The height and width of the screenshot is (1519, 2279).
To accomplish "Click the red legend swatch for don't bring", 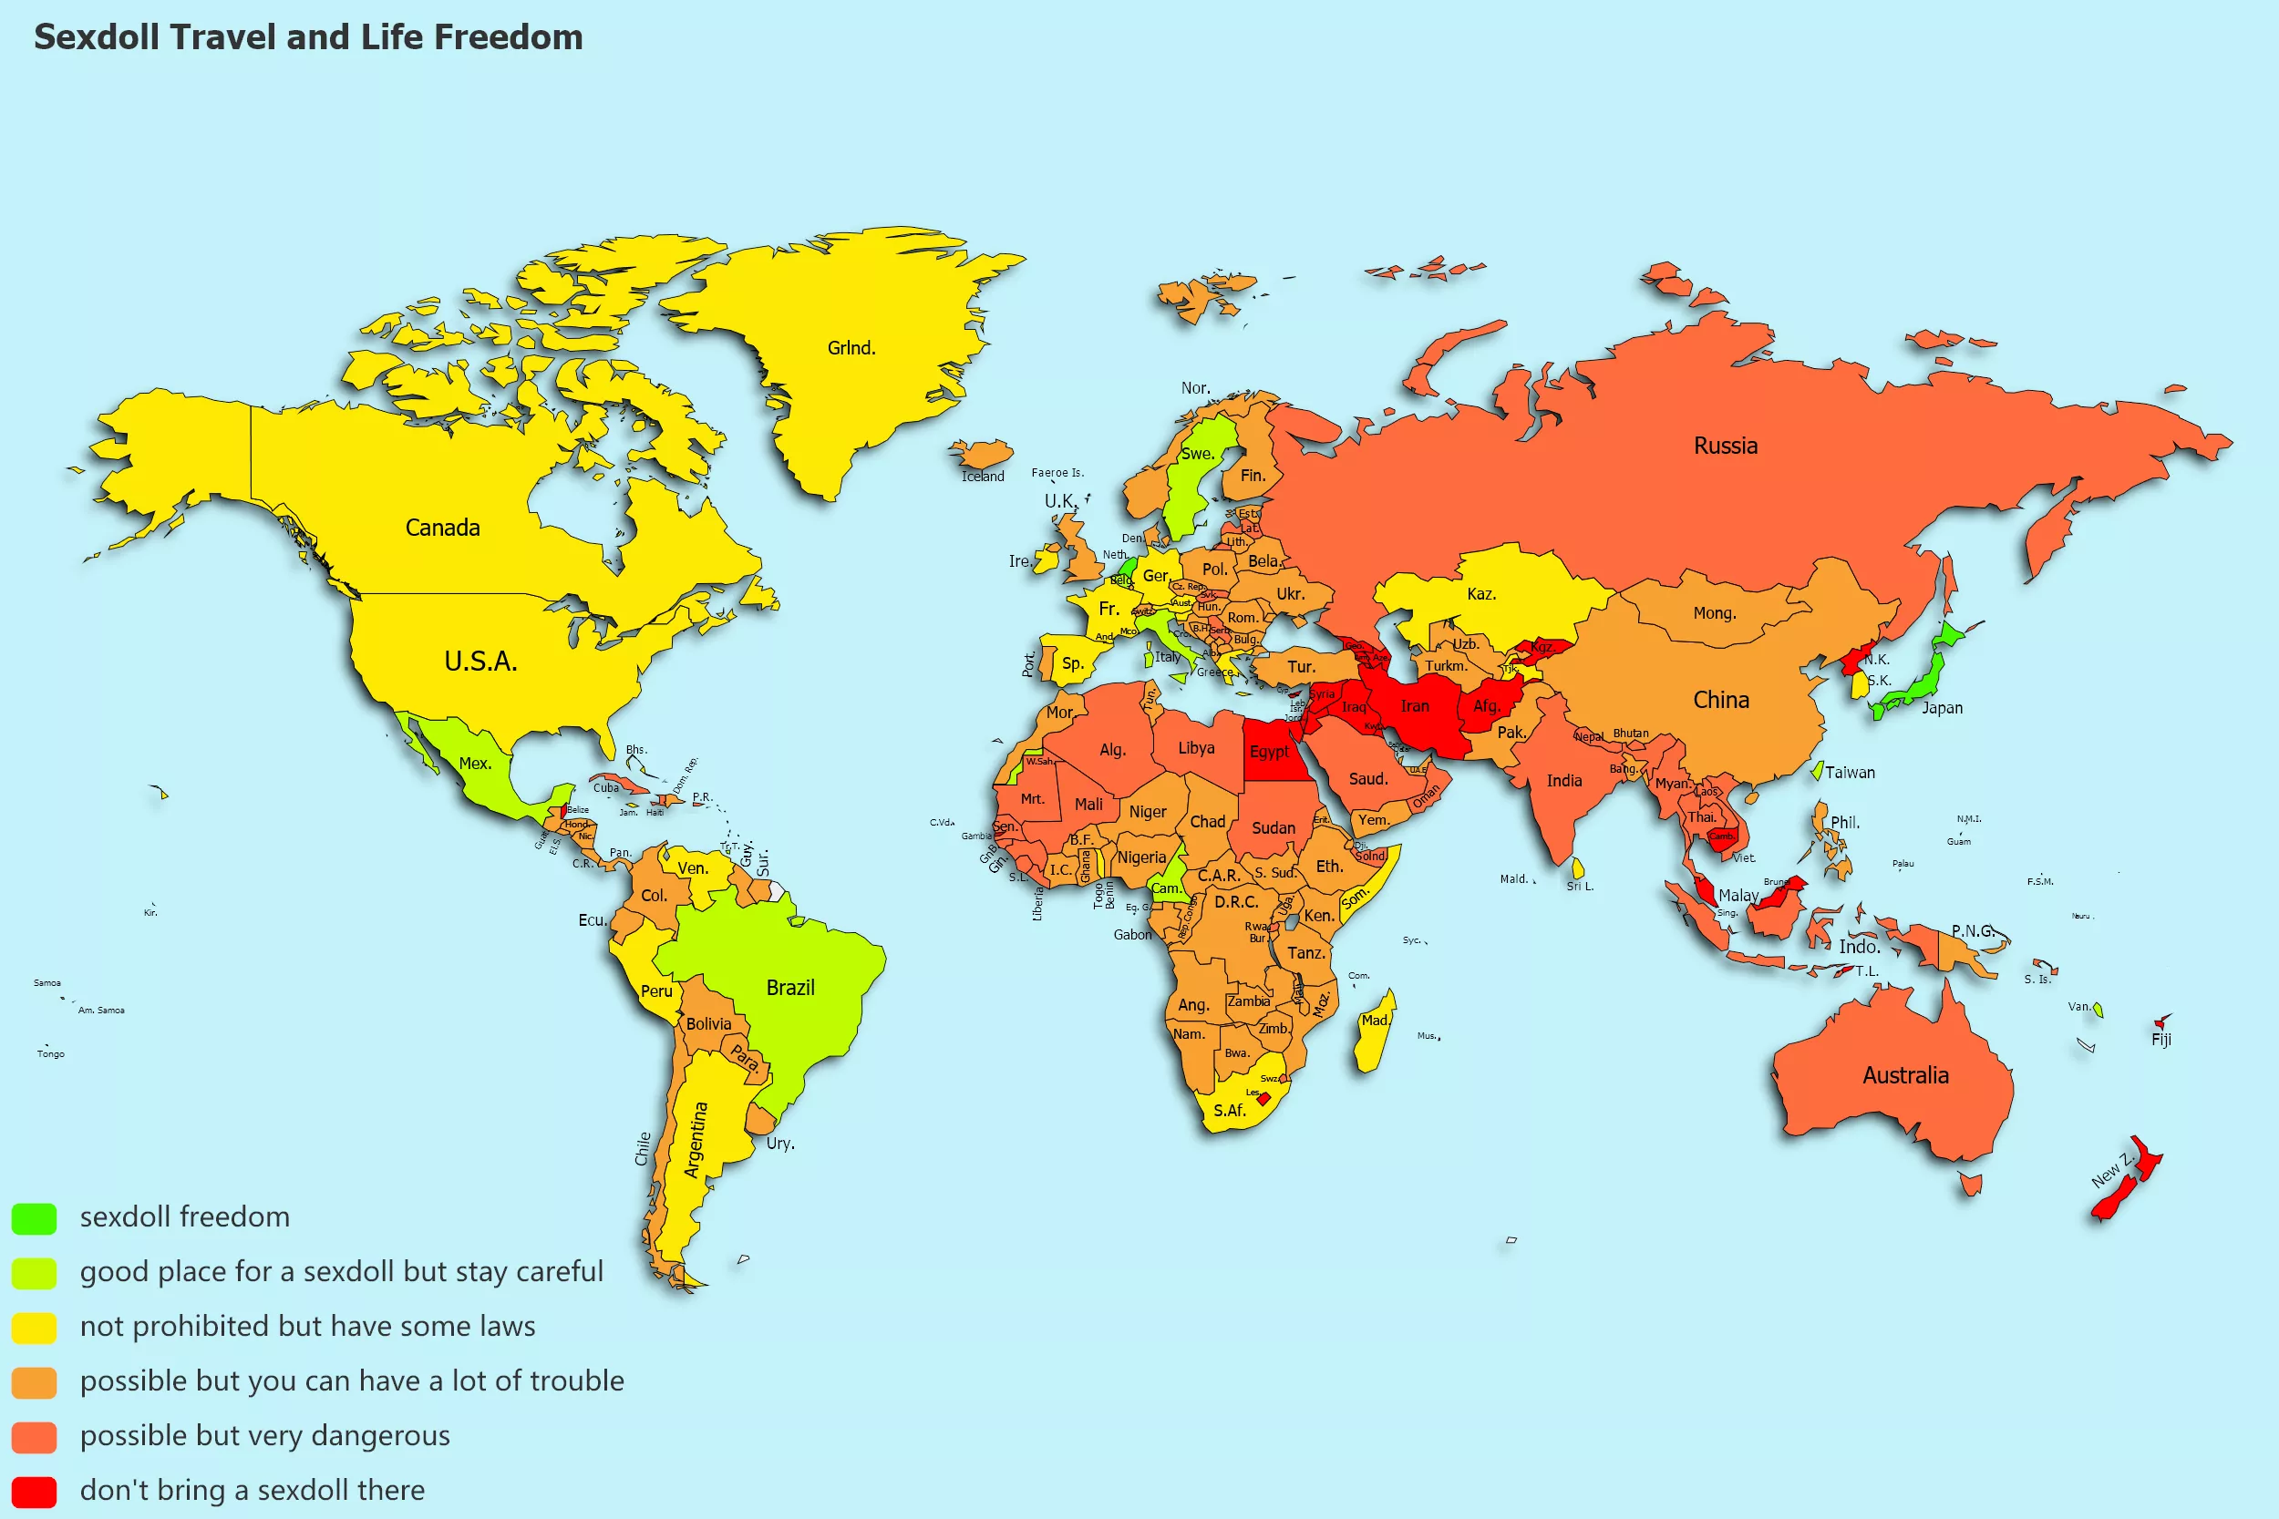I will coord(34,1491).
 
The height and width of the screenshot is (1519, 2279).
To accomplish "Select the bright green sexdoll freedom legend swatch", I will coord(34,1217).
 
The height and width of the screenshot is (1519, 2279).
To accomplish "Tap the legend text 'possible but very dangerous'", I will coord(264,1435).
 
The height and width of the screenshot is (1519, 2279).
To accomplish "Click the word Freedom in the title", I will coord(508,36).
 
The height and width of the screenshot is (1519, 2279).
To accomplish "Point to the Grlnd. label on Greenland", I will coord(851,348).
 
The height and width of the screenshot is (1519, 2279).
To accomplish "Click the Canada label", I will coord(442,528).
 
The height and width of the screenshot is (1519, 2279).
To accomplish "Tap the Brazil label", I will coord(789,987).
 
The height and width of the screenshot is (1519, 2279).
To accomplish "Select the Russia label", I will coord(1725,446).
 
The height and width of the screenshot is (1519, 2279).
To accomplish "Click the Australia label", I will coord(1905,1075).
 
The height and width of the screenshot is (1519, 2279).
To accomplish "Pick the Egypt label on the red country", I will coord(1268,752).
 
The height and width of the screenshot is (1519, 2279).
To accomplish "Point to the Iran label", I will coord(1414,706).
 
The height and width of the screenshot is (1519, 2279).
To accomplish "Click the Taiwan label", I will coord(1849,772).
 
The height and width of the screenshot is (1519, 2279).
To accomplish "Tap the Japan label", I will coord(1942,708).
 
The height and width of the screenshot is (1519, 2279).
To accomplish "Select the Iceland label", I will coord(983,477).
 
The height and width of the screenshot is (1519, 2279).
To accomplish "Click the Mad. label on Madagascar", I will coord(1375,1020).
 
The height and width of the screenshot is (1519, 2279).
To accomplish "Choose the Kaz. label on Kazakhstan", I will coord(1480,594).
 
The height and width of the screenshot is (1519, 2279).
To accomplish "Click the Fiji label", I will coord(2160,1040).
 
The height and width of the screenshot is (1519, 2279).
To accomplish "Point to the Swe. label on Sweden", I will coord(1197,454).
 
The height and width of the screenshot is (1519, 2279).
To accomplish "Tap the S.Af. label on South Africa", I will coord(1229,1110).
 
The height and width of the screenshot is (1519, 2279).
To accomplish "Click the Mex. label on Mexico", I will coord(475,764).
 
